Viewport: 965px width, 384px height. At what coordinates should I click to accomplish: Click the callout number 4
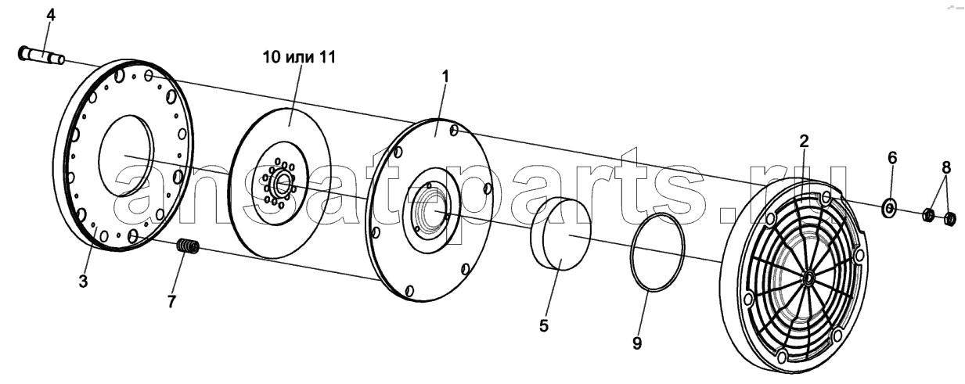(x=50, y=16)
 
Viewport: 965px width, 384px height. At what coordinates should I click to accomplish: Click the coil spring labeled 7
(x=189, y=246)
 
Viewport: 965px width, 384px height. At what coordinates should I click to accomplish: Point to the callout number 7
(x=172, y=302)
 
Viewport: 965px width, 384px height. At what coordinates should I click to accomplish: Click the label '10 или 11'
(x=300, y=57)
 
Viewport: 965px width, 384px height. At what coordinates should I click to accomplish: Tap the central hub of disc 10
(x=280, y=184)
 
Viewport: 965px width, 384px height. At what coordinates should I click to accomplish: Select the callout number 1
(x=445, y=77)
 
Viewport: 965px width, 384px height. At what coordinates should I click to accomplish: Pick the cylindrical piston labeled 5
(x=560, y=233)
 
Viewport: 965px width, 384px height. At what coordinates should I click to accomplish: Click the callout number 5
(x=544, y=325)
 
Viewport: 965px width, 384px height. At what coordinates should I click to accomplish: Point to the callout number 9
(x=637, y=343)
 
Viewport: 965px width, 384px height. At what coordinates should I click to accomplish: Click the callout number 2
(x=804, y=141)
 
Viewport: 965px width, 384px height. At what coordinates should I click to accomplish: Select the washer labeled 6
(x=888, y=208)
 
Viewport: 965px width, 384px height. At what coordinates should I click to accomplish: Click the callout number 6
(x=892, y=158)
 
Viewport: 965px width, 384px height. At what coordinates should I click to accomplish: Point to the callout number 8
(x=945, y=167)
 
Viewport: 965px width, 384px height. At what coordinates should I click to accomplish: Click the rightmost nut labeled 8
(x=949, y=219)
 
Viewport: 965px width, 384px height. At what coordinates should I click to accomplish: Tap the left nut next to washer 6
(x=927, y=214)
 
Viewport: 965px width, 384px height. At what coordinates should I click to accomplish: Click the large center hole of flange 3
(x=126, y=156)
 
